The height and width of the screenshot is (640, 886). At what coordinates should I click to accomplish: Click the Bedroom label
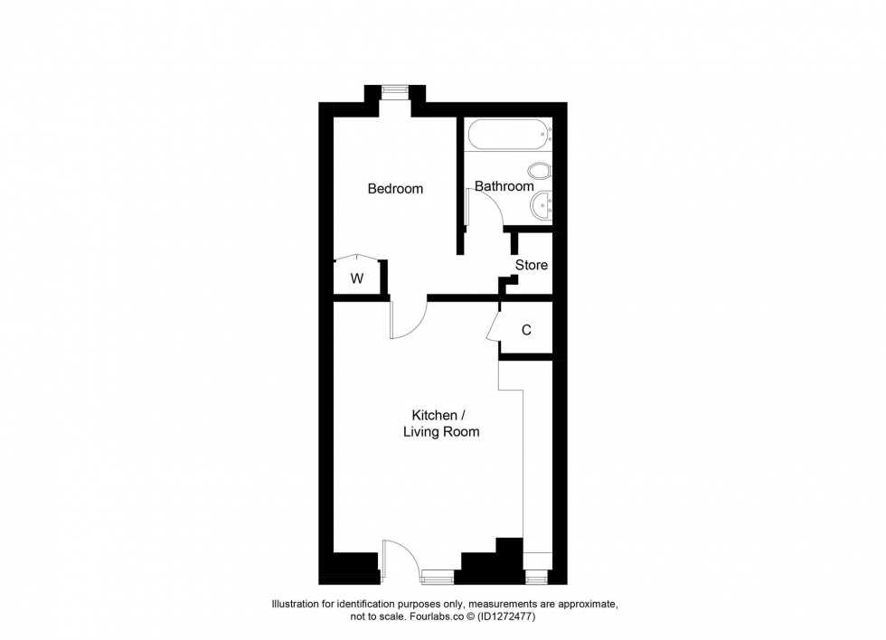tap(395, 189)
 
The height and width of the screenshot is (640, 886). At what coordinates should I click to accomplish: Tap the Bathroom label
tap(504, 186)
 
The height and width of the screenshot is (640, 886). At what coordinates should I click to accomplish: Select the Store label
tap(532, 265)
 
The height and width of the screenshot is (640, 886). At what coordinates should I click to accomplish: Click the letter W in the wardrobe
tap(357, 278)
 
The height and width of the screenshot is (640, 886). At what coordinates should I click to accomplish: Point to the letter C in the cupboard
tap(526, 330)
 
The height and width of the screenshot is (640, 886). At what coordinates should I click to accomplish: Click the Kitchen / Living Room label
tap(440, 423)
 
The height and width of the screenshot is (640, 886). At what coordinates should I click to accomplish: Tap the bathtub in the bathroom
tap(506, 136)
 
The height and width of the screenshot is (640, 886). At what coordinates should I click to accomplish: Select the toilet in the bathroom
tap(540, 171)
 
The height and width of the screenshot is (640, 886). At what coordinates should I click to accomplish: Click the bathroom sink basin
tap(541, 204)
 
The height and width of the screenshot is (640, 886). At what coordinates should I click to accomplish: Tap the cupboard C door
tap(493, 326)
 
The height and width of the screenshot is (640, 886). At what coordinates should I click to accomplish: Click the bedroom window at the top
tap(394, 89)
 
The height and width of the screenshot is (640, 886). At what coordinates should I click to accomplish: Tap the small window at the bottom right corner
tap(537, 573)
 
